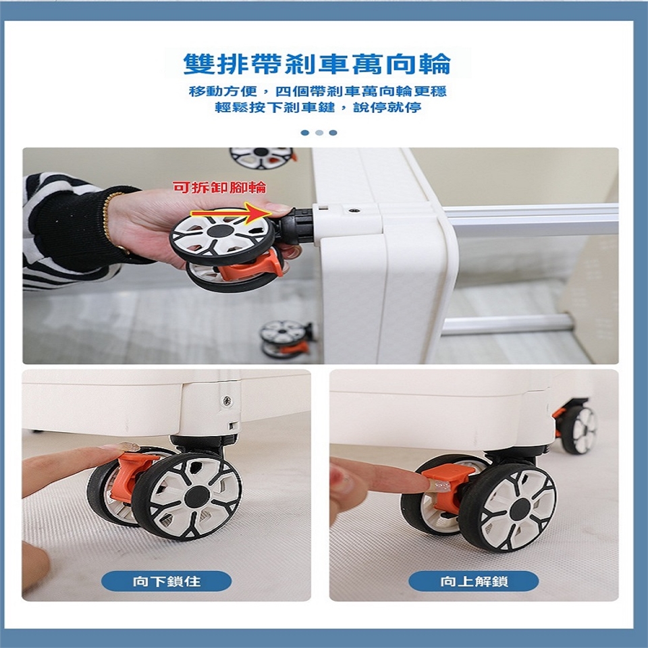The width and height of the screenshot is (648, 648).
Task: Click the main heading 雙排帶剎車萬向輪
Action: [x=317, y=65]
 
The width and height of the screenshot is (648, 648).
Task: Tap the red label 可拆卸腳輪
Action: [x=219, y=188]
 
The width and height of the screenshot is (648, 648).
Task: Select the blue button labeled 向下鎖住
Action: [x=167, y=581]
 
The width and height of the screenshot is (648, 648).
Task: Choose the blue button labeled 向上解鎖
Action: [x=474, y=581]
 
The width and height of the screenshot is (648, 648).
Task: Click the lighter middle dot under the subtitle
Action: [x=319, y=133]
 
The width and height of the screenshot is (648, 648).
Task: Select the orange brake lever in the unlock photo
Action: [x=446, y=485]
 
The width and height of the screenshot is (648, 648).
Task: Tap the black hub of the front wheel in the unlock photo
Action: [x=520, y=510]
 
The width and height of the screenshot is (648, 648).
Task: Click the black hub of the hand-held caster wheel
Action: [x=220, y=232]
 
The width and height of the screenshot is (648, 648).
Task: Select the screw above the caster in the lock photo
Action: [x=227, y=400]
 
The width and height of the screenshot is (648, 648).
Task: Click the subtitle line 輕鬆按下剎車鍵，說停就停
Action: [x=318, y=108]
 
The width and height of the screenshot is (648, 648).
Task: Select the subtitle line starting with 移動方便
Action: [x=318, y=91]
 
